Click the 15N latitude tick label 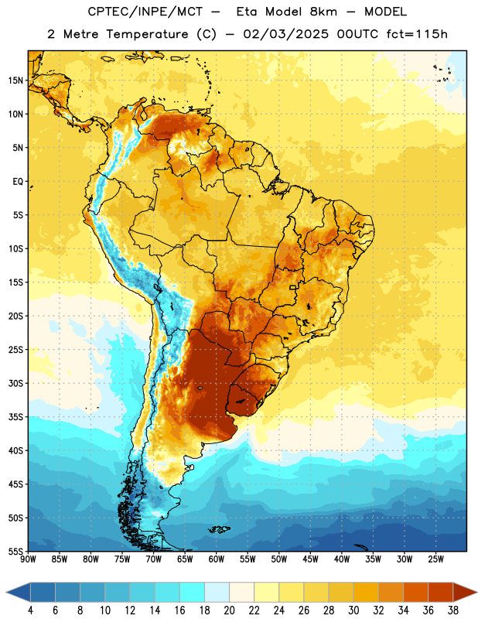tap(15, 80)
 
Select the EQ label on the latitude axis tap(18, 182)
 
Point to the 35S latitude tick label tap(15, 417)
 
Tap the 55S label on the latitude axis tap(15, 551)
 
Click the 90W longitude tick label tap(28, 559)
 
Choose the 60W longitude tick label tap(217, 559)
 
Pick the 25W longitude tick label tap(435, 559)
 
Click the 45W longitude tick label tap(310, 559)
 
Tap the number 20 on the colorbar tap(229, 610)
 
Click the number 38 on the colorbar tap(453, 610)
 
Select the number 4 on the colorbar tap(30, 610)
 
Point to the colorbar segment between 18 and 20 tap(217, 593)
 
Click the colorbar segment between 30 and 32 tap(367, 593)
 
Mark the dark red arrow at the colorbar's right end tap(464, 593)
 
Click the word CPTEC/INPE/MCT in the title tap(145, 12)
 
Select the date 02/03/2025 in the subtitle tap(285, 34)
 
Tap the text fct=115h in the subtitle tap(417, 34)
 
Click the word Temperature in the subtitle tap(147, 35)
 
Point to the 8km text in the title tap(323, 12)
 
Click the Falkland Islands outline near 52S tap(219, 529)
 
